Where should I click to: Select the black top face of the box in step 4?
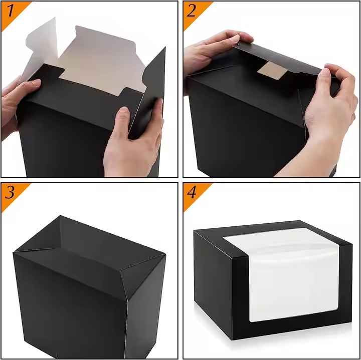point(271,228)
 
